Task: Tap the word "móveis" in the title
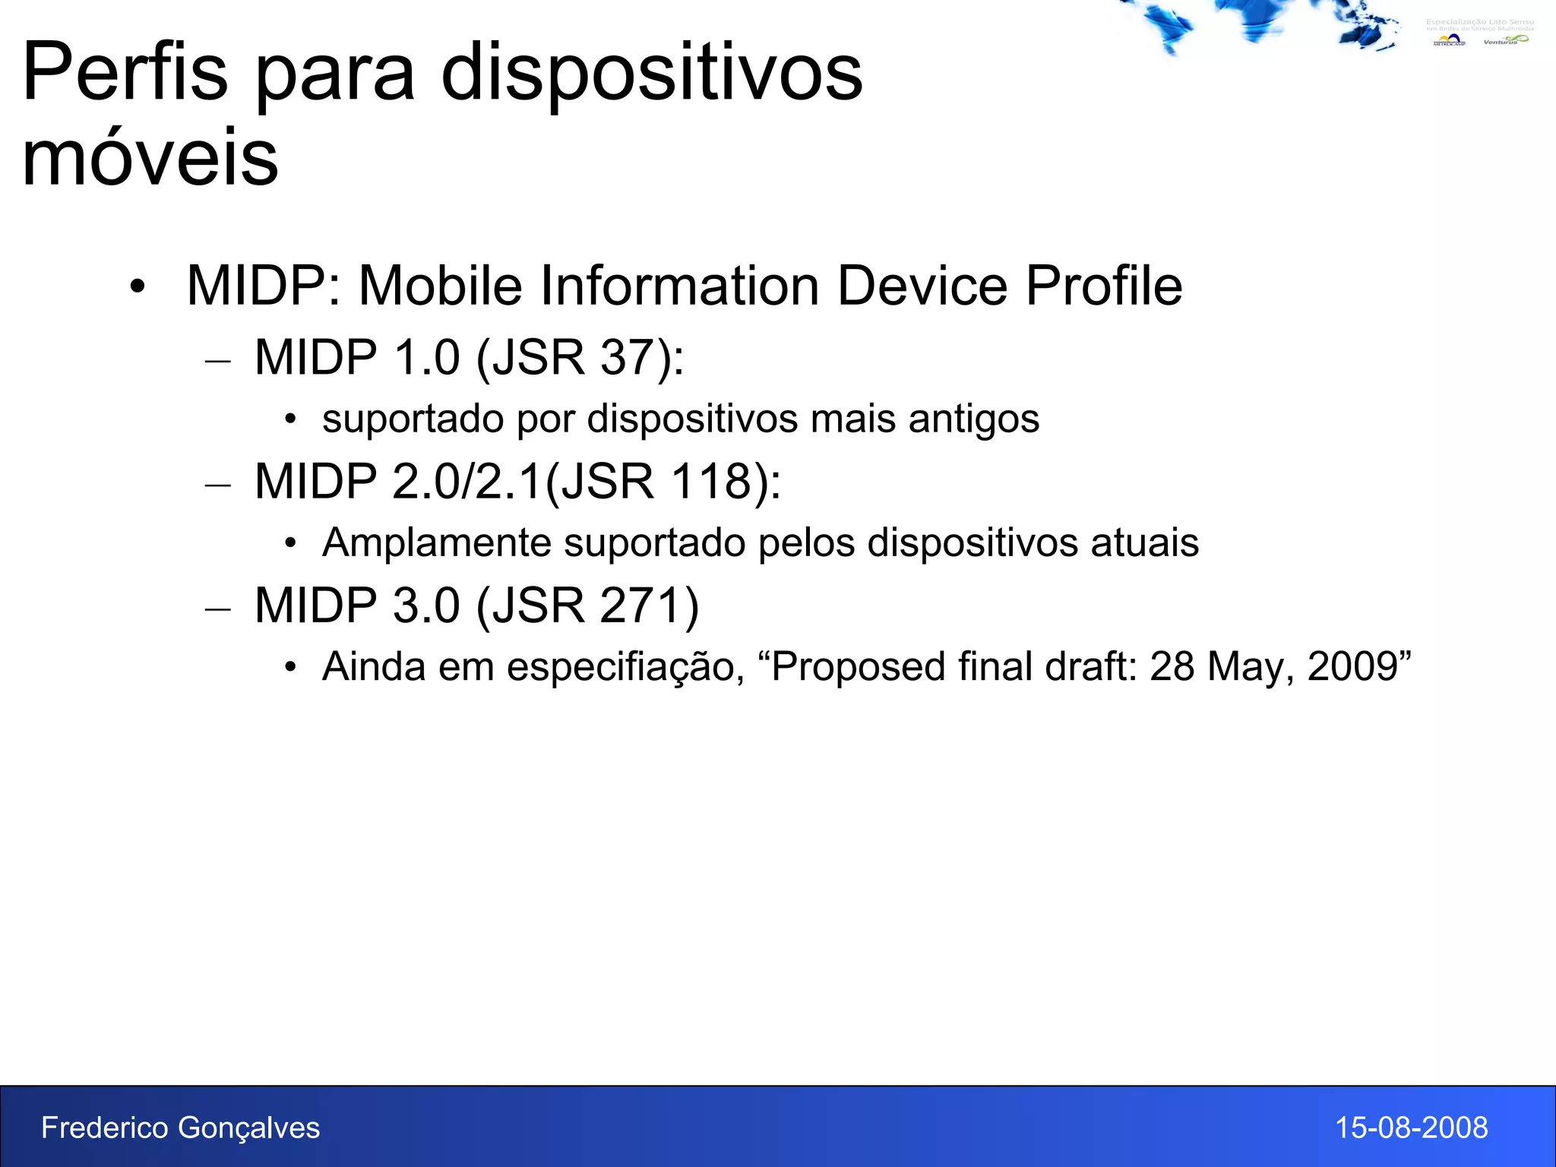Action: tap(150, 158)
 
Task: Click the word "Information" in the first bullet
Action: tap(589, 286)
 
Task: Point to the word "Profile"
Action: tap(1104, 286)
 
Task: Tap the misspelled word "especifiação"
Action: tap(625, 667)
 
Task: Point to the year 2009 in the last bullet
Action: tap(1353, 666)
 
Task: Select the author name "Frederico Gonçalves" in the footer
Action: tap(180, 1127)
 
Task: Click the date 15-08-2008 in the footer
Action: tap(1411, 1127)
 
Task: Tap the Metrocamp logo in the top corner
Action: tap(1449, 40)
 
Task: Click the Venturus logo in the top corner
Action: tap(1505, 40)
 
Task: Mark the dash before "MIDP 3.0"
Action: tap(218, 609)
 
